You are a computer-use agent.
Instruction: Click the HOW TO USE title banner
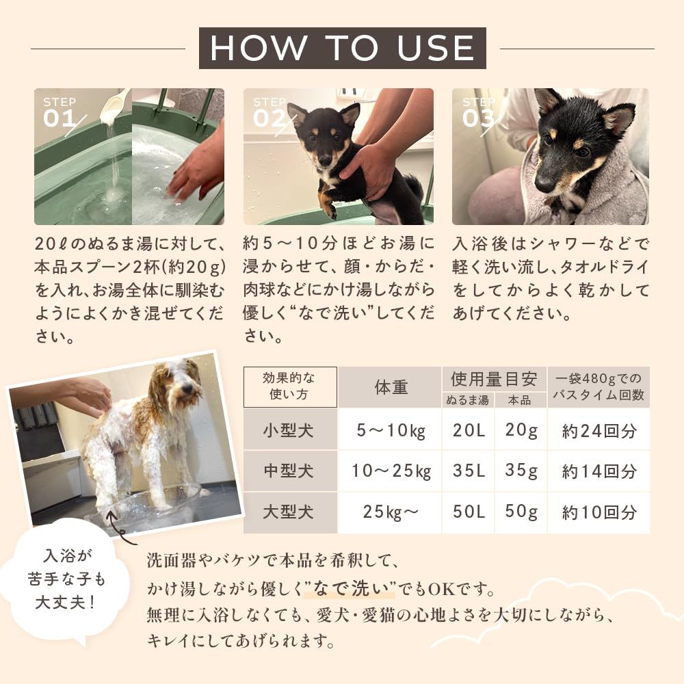[x=342, y=48]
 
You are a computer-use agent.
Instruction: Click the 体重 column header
[x=391, y=388]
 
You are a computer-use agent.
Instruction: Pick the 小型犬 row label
[x=290, y=430]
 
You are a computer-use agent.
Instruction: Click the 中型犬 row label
[x=290, y=471]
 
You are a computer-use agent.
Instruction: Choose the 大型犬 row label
[x=290, y=512]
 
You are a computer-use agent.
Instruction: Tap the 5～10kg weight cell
[x=391, y=430]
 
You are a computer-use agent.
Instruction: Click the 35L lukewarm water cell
[x=469, y=471]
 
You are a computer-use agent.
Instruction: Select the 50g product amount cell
[x=521, y=512]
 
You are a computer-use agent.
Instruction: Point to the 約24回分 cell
[x=599, y=430]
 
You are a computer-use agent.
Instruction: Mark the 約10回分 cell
[x=599, y=512]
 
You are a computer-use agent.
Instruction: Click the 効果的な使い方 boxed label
[x=290, y=387]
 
